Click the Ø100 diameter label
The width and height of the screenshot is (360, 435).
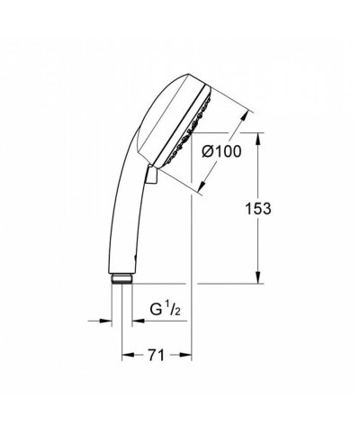221,151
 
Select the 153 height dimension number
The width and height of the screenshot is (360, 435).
258,208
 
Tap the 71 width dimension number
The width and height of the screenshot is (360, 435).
157,356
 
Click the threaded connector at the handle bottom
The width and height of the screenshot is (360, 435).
121,278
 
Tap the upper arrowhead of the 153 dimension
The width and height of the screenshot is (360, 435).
258,140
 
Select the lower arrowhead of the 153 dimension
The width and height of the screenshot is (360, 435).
258,276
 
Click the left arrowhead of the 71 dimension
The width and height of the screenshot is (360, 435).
129,356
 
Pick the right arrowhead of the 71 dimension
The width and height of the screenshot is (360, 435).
185,356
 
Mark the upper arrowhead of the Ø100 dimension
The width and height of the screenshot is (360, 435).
246,116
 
